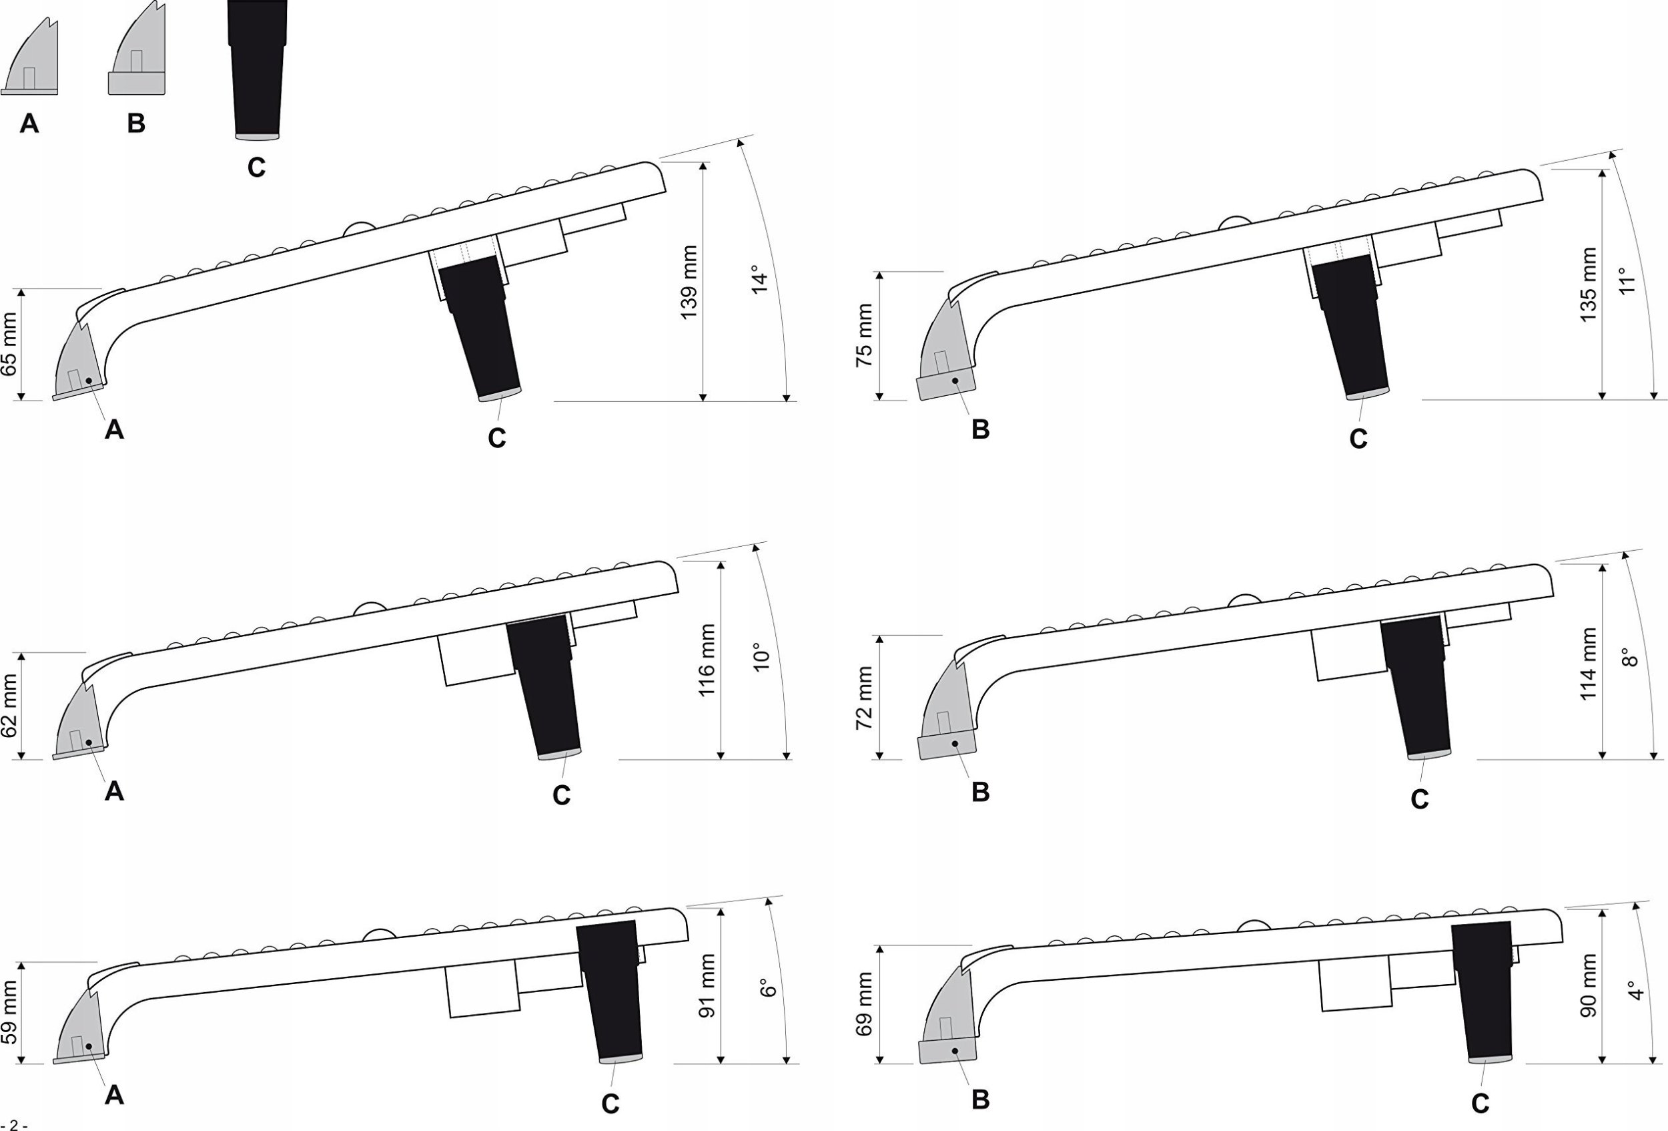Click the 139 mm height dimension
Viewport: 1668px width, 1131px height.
point(689,282)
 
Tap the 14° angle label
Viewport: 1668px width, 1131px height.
point(759,279)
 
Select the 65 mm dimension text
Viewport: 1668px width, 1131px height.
point(9,344)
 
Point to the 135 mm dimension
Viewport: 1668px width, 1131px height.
point(1589,285)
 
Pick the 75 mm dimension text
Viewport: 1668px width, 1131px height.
point(864,335)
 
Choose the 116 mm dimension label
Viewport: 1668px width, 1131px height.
point(707,660)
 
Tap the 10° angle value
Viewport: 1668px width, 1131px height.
point(761,657)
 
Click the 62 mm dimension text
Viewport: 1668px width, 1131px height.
point(9,705)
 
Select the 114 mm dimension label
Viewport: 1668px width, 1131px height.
point(1589,664)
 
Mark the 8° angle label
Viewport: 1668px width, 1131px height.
point(1629,658)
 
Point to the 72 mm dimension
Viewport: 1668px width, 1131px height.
point(864,698)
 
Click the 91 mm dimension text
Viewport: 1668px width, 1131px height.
point(707,985)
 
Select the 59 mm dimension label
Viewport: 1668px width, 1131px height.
point(9,1013)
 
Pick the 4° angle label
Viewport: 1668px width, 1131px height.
point(1636,990)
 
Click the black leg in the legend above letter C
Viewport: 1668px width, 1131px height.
point(257,72)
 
